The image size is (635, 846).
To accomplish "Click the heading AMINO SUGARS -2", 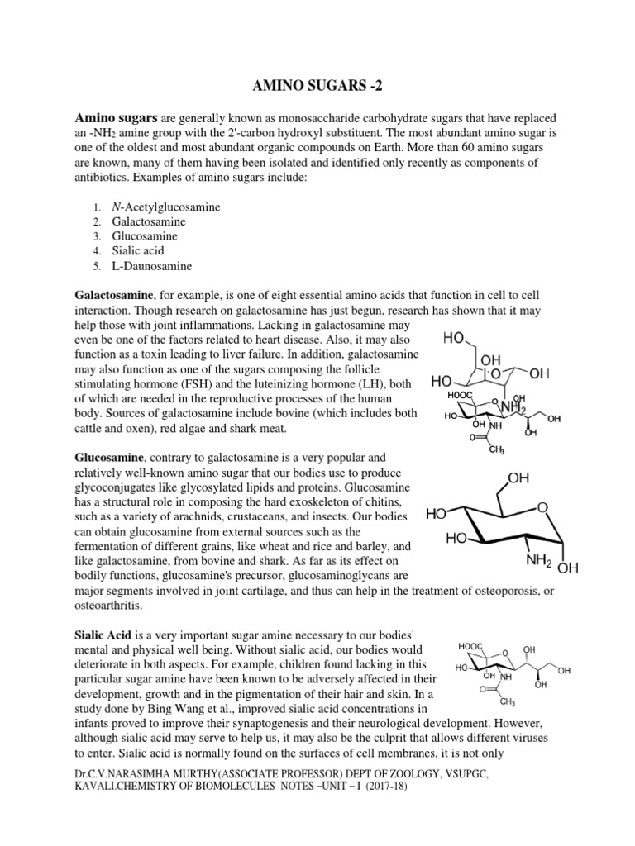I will [x=317, y=87].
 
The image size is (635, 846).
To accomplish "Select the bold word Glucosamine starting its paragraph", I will [x=111, y=458].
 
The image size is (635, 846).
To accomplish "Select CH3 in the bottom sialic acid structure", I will [x=507, y=702].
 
